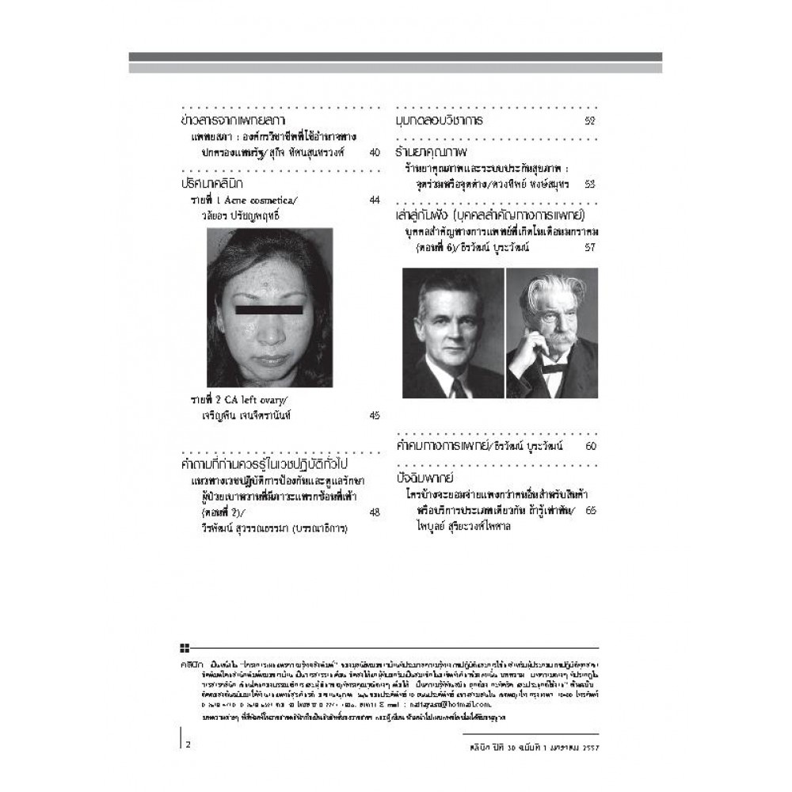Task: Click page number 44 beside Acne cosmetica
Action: click(x=375, y=200)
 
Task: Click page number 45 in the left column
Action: click(x=375, y=415)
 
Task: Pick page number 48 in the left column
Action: click(x=375, y=512)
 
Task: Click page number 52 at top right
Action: click(x=589, y=121)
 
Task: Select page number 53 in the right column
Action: click(x=589, y=184)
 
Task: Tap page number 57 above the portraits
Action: click(x=589, y=248)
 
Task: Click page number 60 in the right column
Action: click(x=589, y=447)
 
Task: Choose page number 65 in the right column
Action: click(x=590, y=511)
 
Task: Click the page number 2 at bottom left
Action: click(x=188, y=744)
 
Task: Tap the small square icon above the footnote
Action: click(x=184, y=647)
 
